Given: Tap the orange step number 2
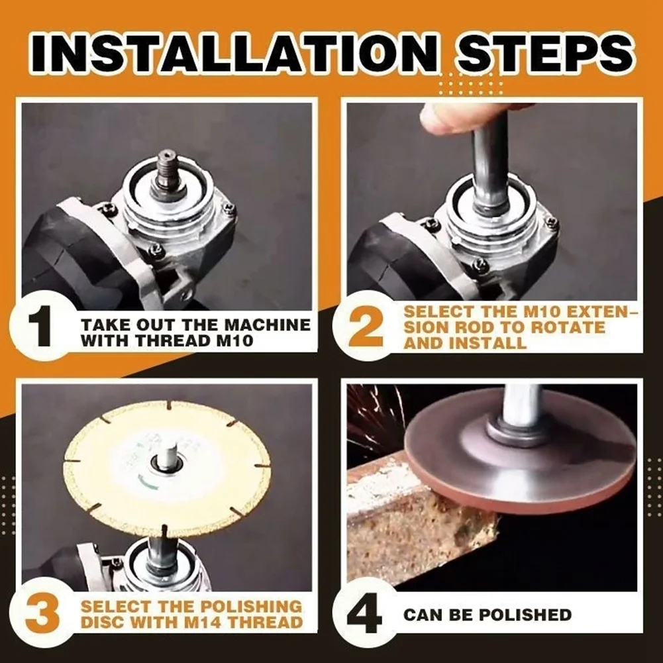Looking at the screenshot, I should point(366,328).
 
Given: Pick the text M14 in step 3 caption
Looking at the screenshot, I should point(199,623).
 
